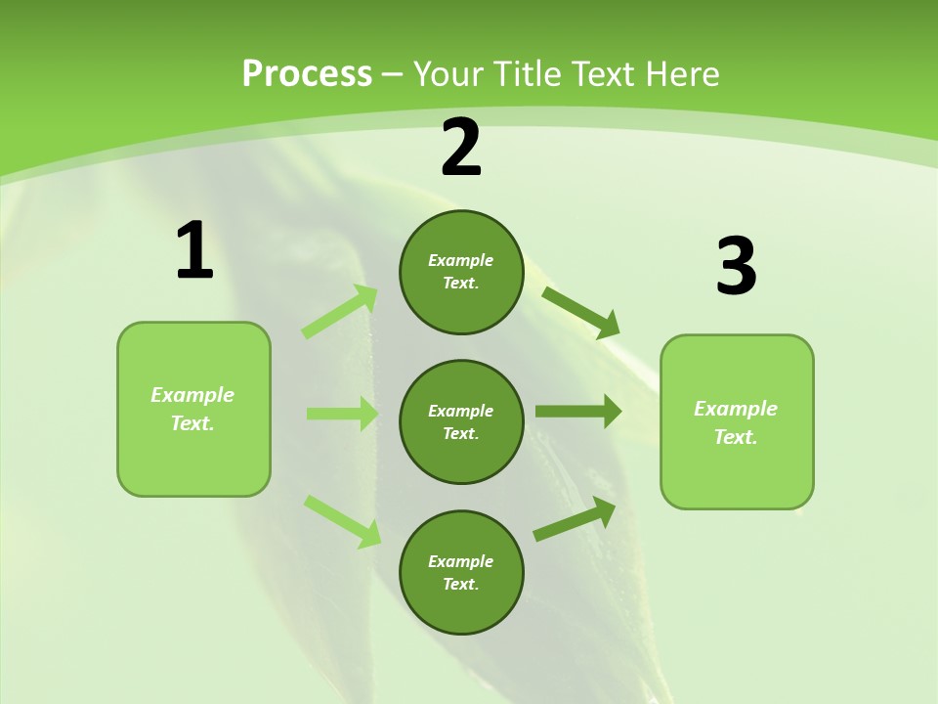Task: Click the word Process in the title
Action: point(307,73)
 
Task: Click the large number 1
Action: point(193,250)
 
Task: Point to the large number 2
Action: point(461,148)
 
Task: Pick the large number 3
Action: point(737,267)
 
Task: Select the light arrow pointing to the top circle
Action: point(340,312)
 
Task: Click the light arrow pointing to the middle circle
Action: point(342,414)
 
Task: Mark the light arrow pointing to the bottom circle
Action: point(342,521)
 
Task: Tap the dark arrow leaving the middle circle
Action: point(578,412)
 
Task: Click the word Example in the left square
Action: point(192,395)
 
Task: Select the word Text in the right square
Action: point(735,437)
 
